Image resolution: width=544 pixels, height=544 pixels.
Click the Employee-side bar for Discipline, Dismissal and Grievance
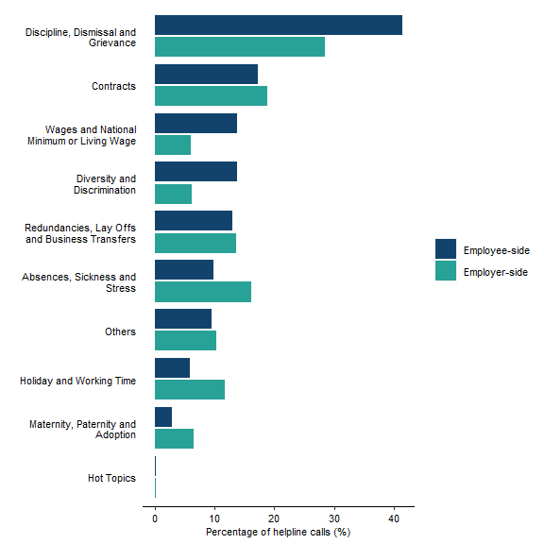coord(279,25)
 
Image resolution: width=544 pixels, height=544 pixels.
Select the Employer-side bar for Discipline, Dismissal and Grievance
coord(240,47)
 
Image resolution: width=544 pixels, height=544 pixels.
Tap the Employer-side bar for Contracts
coord(211,96)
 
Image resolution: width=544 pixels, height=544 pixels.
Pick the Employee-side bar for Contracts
coord(206,75)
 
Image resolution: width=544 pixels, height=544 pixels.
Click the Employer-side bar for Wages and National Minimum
coord(173,144)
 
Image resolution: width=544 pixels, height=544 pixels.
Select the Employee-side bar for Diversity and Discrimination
coord(195,172)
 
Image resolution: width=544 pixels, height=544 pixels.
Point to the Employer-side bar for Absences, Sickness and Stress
coord(203,292)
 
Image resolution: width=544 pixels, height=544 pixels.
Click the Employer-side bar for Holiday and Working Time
coord(190,389)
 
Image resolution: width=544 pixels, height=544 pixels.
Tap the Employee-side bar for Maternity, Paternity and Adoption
coord(163,417)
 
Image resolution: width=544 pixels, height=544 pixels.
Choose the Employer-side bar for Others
coord(185,340)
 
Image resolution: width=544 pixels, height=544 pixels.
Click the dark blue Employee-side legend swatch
coord(445,249)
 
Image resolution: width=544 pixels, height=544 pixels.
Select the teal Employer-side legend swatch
coord(445,271)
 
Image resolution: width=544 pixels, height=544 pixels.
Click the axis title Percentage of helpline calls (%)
coord(278,532)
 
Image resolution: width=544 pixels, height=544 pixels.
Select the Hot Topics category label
coord(111,479)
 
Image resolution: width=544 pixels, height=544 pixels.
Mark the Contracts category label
coord(113,86)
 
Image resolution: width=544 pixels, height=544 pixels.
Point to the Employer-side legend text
coord(496,272)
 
